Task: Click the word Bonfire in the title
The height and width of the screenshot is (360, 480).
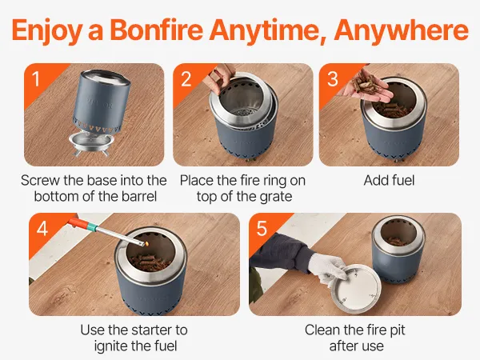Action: point(156,30)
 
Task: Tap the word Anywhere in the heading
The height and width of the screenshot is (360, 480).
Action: point(401,30)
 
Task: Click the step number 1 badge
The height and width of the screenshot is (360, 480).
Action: point(36,78)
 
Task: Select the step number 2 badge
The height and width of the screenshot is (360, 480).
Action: point(186,78)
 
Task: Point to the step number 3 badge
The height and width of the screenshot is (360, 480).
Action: point(333,78)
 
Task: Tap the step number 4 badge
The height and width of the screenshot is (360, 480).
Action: point(42,228)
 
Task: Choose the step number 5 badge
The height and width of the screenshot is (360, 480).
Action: point(262,228)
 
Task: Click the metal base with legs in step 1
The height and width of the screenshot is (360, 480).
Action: point(91,143)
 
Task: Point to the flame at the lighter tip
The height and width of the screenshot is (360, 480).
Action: point(147,244)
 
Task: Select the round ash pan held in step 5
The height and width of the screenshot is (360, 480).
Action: point(357,290)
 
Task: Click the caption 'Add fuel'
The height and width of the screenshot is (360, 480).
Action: point(389,180)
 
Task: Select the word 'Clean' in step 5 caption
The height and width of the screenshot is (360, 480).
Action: point(322,330)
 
